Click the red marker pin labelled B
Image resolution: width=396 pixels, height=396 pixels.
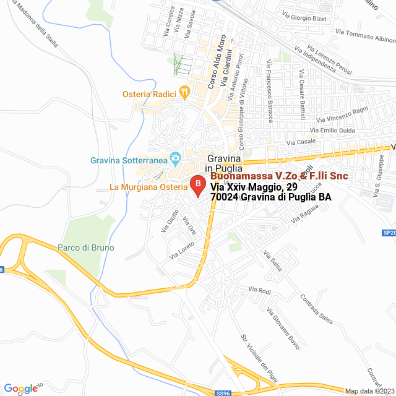click(x=197, y=184)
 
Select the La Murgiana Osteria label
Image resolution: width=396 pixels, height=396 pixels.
click(x=148, y=187)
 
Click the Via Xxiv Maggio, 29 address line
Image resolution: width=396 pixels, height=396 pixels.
click(x=254, y=187)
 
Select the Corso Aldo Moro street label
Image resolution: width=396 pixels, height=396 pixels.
click(x=217, y=62)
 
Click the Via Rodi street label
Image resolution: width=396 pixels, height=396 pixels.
click(x=260, y=290)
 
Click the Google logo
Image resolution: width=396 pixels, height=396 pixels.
click(x=21, y=389)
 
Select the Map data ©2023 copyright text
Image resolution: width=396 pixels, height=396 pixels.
click(x=369, y=390)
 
